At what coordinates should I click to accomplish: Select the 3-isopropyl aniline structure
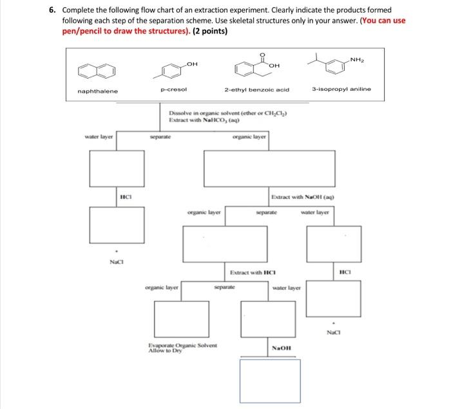(338, 64)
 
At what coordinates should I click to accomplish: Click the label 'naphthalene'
(98, 91)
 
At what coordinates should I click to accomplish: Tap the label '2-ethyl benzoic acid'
(256, 91)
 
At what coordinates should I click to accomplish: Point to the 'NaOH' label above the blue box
(282, 347)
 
